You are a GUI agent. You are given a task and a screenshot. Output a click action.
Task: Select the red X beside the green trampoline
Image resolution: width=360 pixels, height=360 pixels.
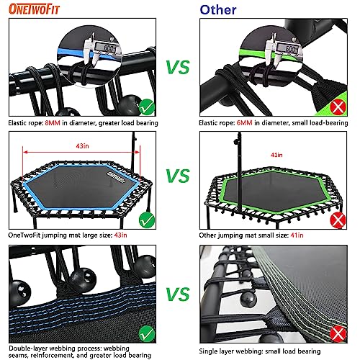pos(336,220)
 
